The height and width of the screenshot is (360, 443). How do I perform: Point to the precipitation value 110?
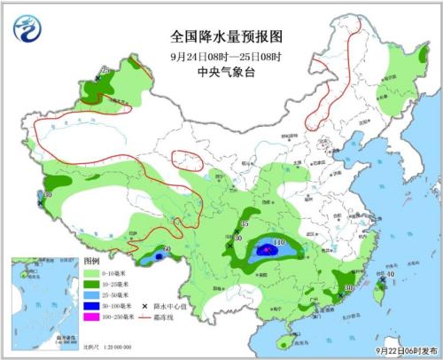point(277,242)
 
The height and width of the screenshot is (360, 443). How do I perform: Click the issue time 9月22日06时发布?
point(402,351)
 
